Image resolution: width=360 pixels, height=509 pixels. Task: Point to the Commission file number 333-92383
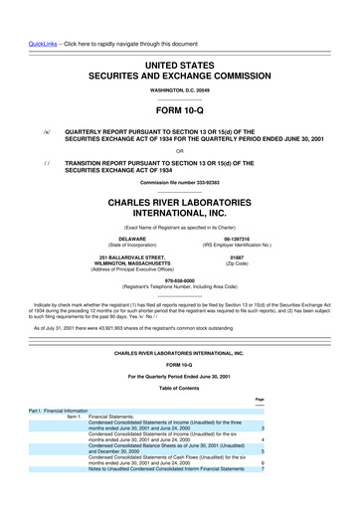tap(180, 185)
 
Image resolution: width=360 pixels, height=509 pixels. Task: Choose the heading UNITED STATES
tap(180, 37)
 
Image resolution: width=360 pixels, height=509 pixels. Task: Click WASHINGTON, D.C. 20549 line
tap(180, 74)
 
